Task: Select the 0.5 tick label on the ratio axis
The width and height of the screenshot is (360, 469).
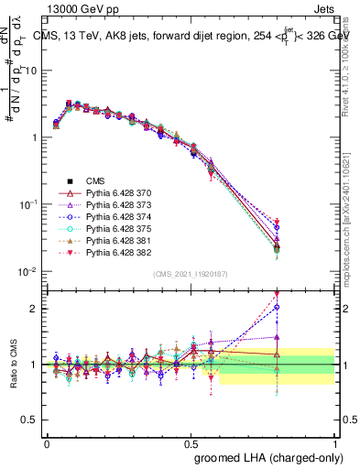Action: click(x=31, y=420)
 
